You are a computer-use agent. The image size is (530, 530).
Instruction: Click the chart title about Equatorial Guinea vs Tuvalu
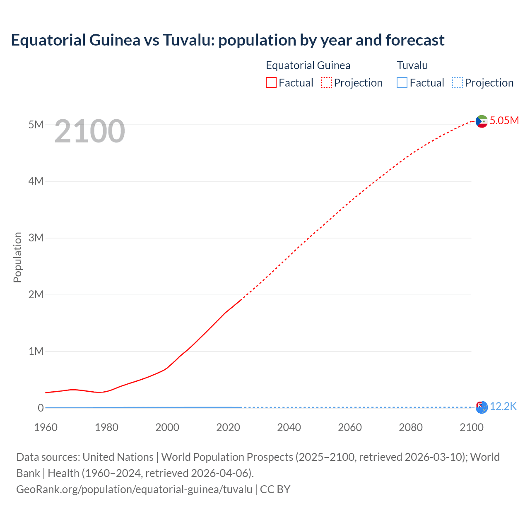[x=227, y=40]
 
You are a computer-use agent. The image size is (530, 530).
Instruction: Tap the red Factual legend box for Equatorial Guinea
[x=271, y=82]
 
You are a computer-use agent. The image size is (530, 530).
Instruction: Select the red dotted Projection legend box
[x=326, y=82]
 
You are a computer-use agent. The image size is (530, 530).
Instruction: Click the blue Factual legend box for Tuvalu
[x=402, y=82]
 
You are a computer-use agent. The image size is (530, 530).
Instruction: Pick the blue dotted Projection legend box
[x=457, y=82]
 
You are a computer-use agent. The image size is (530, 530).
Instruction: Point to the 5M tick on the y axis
[x=36, y=125]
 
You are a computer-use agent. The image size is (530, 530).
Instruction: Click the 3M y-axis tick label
[x=36, y=238]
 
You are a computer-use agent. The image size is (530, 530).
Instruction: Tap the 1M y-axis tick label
[x=36, y=351]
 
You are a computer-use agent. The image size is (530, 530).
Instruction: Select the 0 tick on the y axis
[x=41, y=408]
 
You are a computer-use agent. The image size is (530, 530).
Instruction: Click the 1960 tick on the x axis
[x=46, y=427]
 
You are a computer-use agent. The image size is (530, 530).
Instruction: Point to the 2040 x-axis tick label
[x=289, y=427]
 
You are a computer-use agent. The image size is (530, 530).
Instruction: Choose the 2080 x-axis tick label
[x=410, y=427]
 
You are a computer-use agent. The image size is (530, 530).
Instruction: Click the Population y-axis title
[x=17, y=257]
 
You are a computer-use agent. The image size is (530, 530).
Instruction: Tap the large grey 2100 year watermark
[x=89, y=131]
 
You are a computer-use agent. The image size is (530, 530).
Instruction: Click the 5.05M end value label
[x=504, y=120]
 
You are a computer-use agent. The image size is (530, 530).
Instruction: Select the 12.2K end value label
[x=503, y=407]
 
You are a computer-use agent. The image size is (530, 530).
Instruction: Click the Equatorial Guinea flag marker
[x=482, y=121]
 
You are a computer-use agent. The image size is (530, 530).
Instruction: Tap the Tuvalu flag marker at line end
[x=482, y=407]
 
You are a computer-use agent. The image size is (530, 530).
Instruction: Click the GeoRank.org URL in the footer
[x=134, y=489]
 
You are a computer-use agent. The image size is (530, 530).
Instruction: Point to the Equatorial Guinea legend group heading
[x=308, y=65]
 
